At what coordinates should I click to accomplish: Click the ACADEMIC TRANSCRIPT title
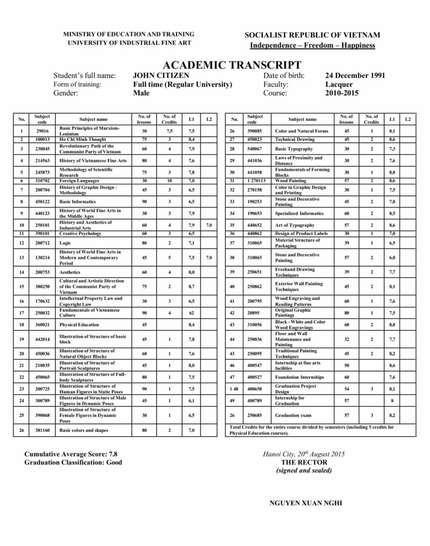pos(232,65)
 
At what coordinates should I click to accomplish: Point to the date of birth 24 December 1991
pos(355,76)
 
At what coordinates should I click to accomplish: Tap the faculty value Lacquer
pos(339,84)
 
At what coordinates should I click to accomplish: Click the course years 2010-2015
pos(341,93)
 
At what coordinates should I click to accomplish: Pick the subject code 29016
pos(42,131)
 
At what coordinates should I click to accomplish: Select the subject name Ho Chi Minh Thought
pos(82,139)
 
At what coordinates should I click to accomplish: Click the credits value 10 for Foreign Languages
pos(169,180)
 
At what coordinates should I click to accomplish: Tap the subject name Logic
pos(66,243)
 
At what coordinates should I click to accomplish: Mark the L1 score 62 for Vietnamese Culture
pos(191,313)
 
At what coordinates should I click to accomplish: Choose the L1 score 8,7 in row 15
pos(191,287)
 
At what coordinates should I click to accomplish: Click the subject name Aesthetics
pos(70,272)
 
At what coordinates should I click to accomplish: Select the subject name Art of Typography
pos(294,225)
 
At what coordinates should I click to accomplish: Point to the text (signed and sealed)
pos(304,470)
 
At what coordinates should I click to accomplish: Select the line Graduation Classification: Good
pos(73,462)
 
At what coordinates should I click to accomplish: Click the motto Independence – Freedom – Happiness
pos(312,45)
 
